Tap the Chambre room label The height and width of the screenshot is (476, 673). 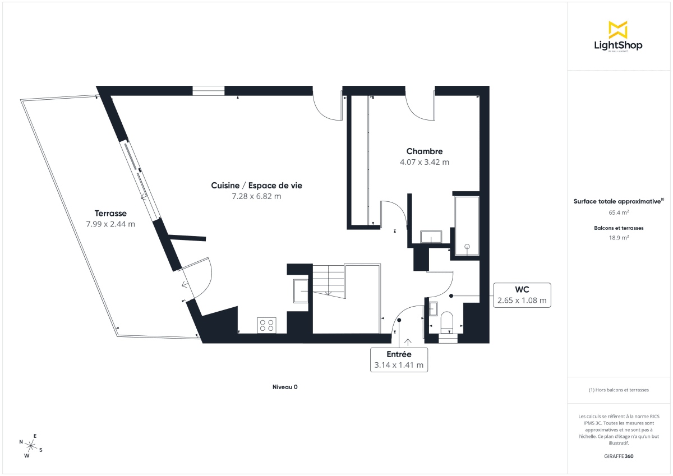pyautogui.click(x=425, y=151)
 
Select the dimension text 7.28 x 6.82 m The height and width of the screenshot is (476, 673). pyautogui.click(x=256, y=196)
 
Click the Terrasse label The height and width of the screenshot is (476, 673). pyautogui.click(x=110, y=213)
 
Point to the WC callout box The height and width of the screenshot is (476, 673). pyautogui.click(x=522, y=295)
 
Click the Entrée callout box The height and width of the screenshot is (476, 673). pyautogui.click(x=399, y=360)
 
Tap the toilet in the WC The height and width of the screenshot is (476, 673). pyautogui.click(x=447, y=322)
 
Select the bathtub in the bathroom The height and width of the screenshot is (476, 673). pyautogui.click(x=467, y=225)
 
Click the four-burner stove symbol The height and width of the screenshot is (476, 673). pyautogui.click(x=266, y=325)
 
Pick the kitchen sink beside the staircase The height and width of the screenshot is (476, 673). pyautogui.click(x=300, y=290)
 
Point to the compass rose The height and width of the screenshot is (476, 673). pyautogui.click(x=31, y=446)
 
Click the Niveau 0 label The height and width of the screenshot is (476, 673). pyautogui.click(x=285, y=387)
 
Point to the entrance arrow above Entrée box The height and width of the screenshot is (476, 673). pyautogui.click(x=407, y=341)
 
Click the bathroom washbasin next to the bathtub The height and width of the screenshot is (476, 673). pyautogui.click(x=431, y=237)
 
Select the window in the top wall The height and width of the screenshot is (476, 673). pyautogui.click(x=209, y=90)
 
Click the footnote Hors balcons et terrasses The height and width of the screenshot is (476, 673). pyautogui.click(x=619, y=390)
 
